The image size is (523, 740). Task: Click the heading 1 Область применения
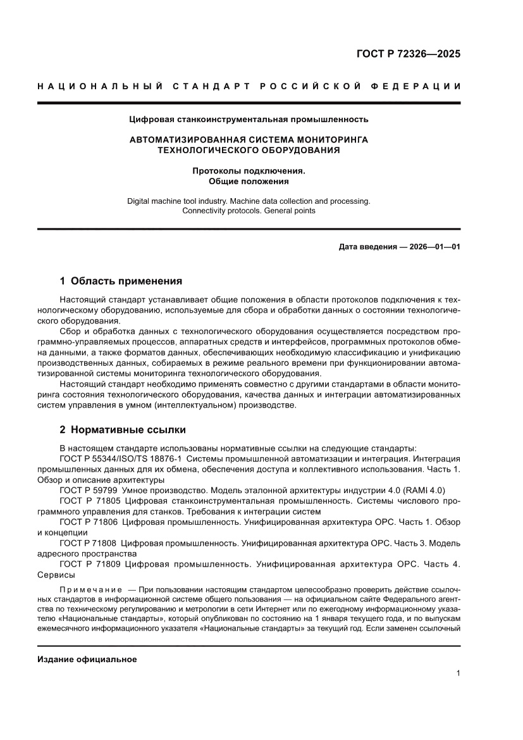(121, 280)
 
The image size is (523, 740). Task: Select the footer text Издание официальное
(87, 660)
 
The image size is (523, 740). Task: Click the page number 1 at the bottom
(457, 674)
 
